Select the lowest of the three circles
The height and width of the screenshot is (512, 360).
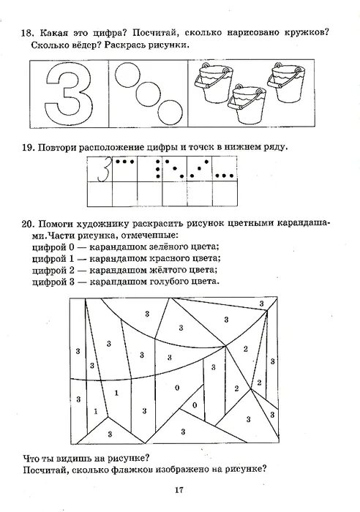coord(171,113)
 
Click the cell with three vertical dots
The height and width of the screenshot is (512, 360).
coord(161,168)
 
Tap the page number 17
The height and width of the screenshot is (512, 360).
coord(179,491)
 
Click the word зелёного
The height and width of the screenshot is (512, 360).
coord(161,246)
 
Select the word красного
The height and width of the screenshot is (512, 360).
coord(161,258)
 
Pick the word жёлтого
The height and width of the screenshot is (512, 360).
coord(161,270)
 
